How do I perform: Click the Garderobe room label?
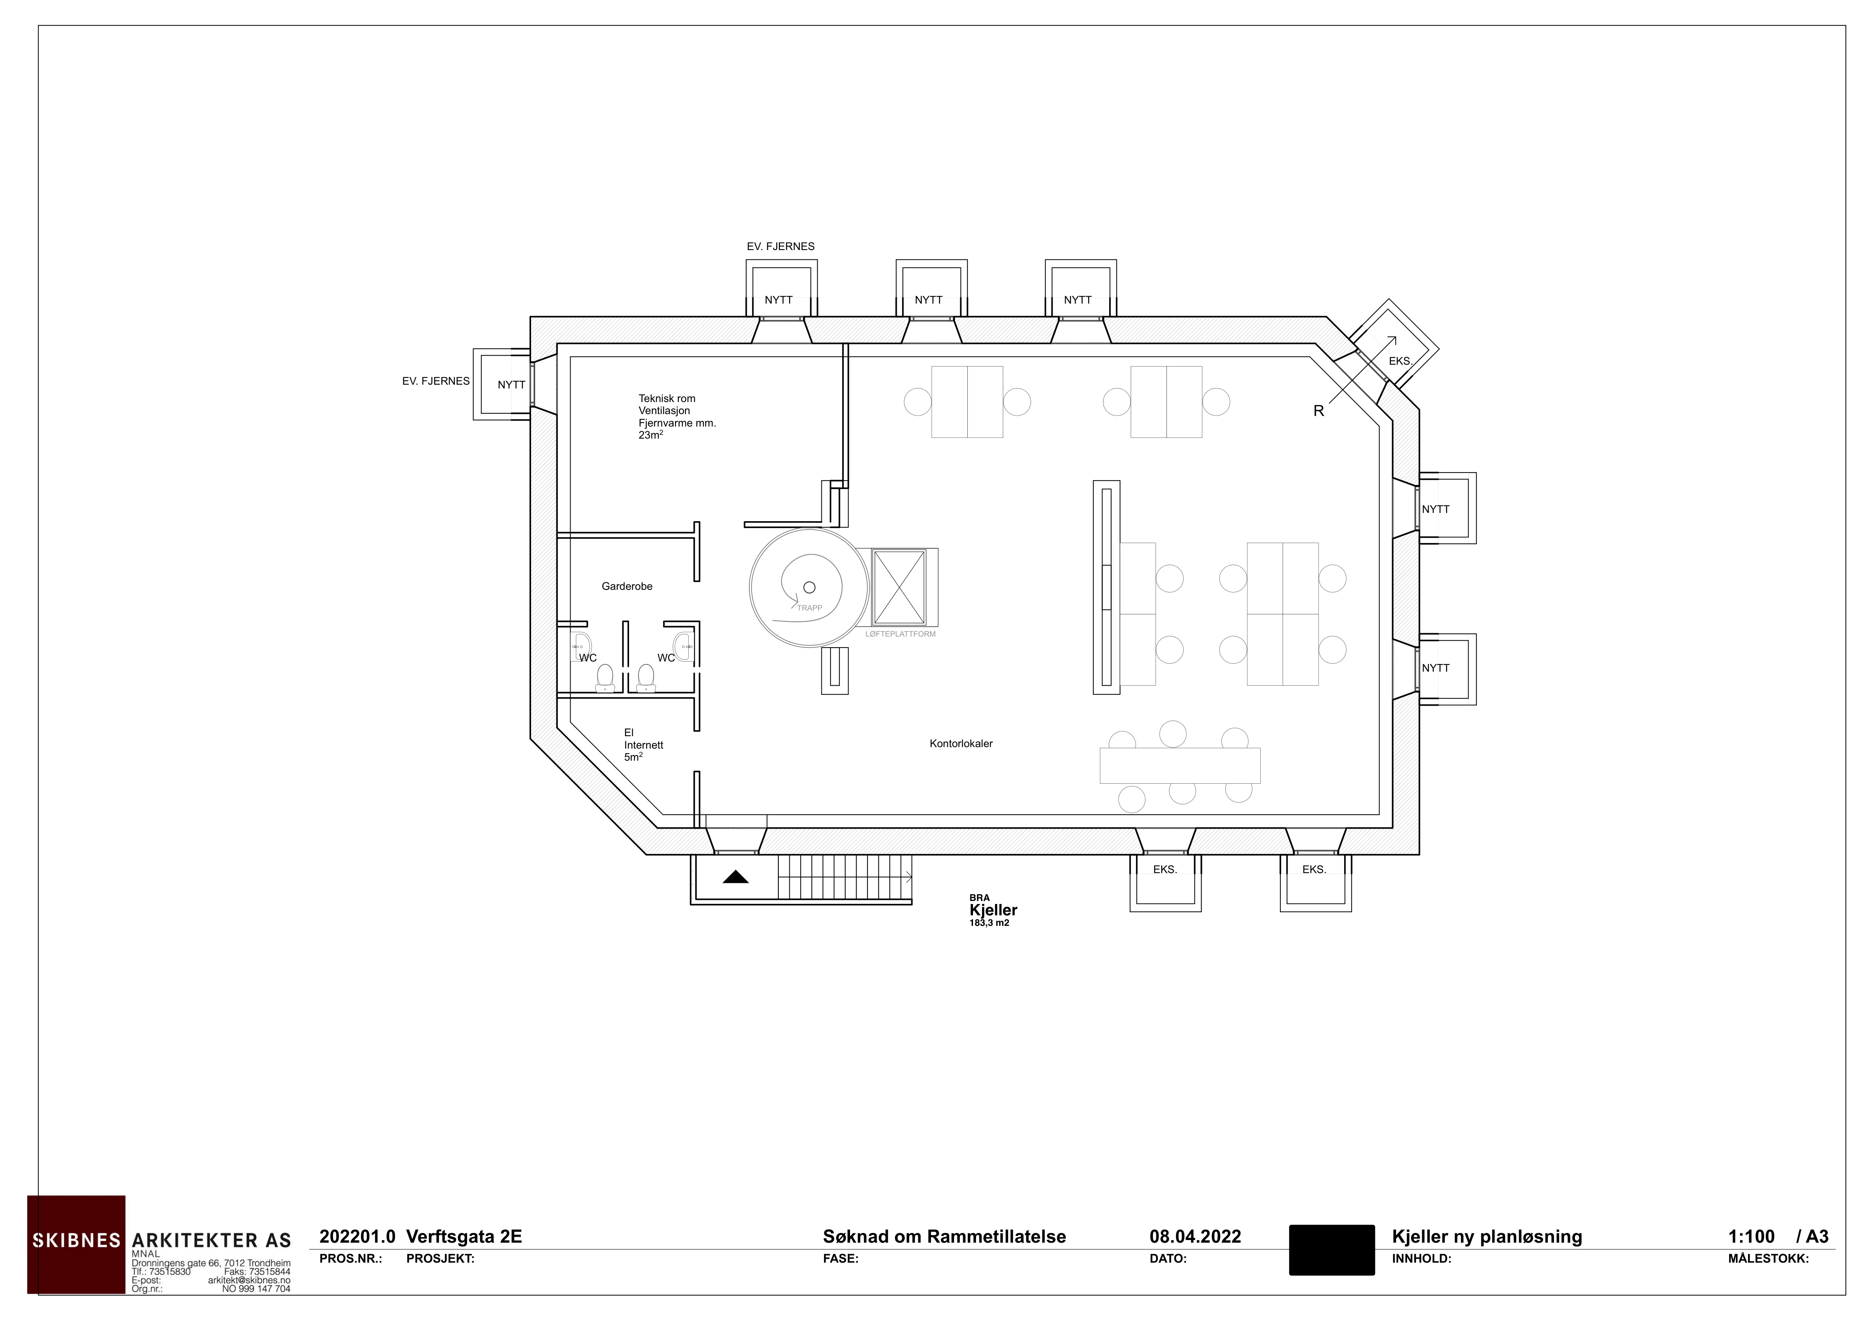tap(627, 586)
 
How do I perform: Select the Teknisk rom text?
tap(666, 398)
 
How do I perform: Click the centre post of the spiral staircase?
tap(809, 587)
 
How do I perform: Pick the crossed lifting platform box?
tap(899, 587)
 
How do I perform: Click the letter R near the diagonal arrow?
tap(1318, 411)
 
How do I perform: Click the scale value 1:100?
tap(1751, 1237)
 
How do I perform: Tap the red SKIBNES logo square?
tap(76, 1244)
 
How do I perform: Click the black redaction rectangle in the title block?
tap(1332, 1250)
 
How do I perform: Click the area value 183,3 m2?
tap(989, 923)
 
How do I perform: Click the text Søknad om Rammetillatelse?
tap(944, 1237)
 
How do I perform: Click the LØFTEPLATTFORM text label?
tap(901, 634)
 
